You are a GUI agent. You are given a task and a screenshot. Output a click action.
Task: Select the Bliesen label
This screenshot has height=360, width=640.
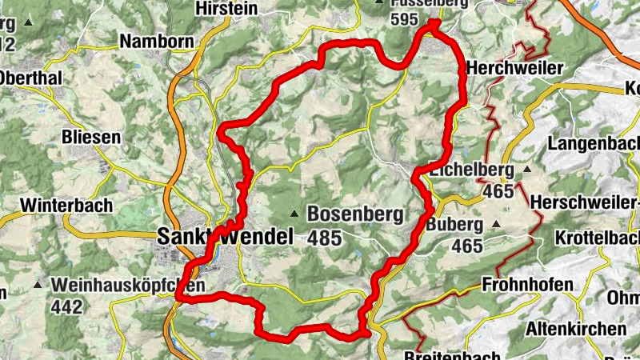coord(91,137)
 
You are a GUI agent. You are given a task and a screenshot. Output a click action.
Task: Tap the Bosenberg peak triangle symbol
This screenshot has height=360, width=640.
coord(294,214)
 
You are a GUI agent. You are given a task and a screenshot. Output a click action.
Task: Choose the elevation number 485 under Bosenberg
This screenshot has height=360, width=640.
coord(324,238)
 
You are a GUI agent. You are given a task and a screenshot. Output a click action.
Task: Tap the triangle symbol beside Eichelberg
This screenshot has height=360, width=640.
coord(527,170)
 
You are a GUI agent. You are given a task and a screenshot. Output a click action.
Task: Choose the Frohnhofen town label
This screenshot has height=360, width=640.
coord(527,285)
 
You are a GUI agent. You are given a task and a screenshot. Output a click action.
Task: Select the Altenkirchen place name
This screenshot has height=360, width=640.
coord(575,328)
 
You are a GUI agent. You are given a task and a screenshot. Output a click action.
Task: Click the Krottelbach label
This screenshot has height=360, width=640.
coord(596,238)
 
